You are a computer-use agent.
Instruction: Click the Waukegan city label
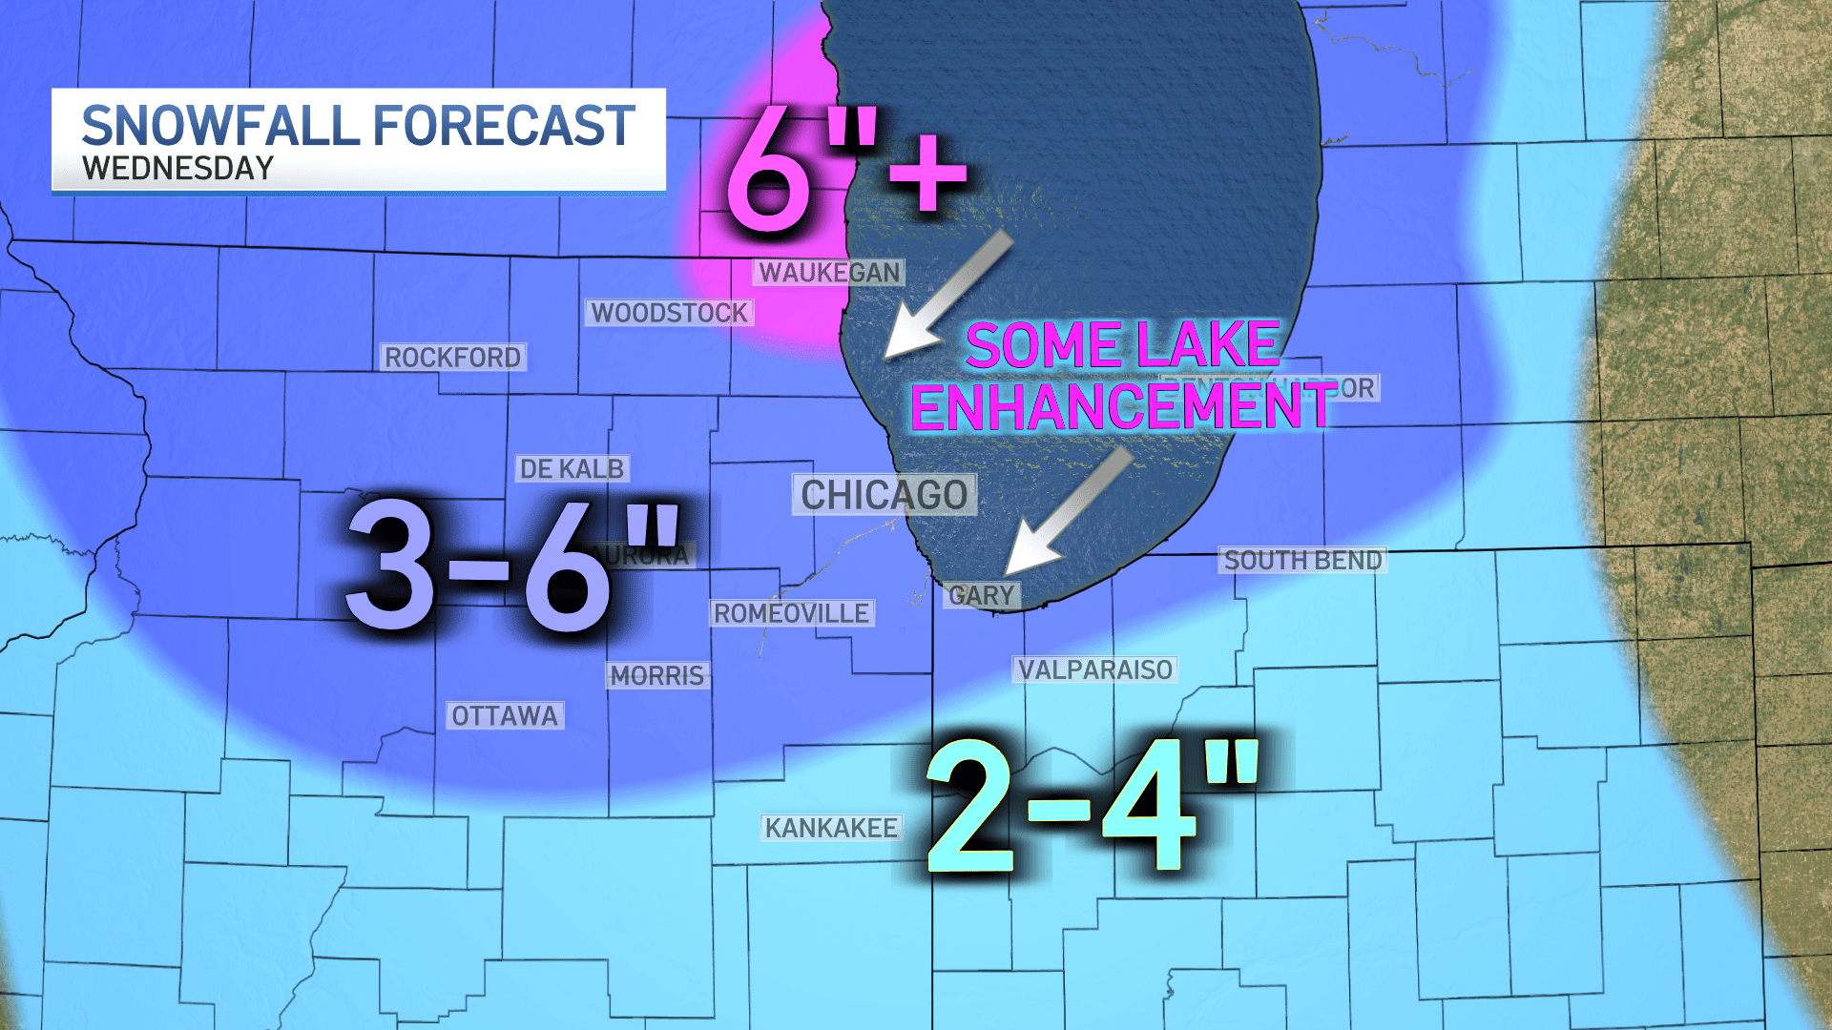pyautogui.click(x=829, y=273)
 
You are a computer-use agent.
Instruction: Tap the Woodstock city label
pyautogui.click(x=669, y=313)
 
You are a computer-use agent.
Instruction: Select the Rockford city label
pyautogui.click(x=452, y=358)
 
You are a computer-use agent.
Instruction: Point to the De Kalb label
pyautogui.click(x=571, y=469)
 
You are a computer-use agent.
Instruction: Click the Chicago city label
pyautogui.click(x=884, y=496)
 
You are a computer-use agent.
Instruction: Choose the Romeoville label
pyautogui.click(x=791, y=613)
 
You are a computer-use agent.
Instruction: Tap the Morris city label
pyautogui.click(x=656, y=676)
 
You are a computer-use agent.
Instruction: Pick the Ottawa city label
pyautogui.click(x=504, y=716)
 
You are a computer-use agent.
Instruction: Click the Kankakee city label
pyautogui.click(x=831, y=828)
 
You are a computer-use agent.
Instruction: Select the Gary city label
pyautogui.click(x=981, y=596)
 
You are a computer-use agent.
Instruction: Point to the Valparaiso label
pyautogui.click(x=1094, y=670)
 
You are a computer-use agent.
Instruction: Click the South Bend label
pyautogui.click(x=1302, y=561)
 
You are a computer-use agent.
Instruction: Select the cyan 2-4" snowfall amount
pyautogui.click(x=1093, y=806)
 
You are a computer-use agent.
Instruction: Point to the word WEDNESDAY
pyautogui.click(x=177, y=169)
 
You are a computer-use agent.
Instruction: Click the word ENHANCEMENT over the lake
pyautogui.click(x=1122, y=407)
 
